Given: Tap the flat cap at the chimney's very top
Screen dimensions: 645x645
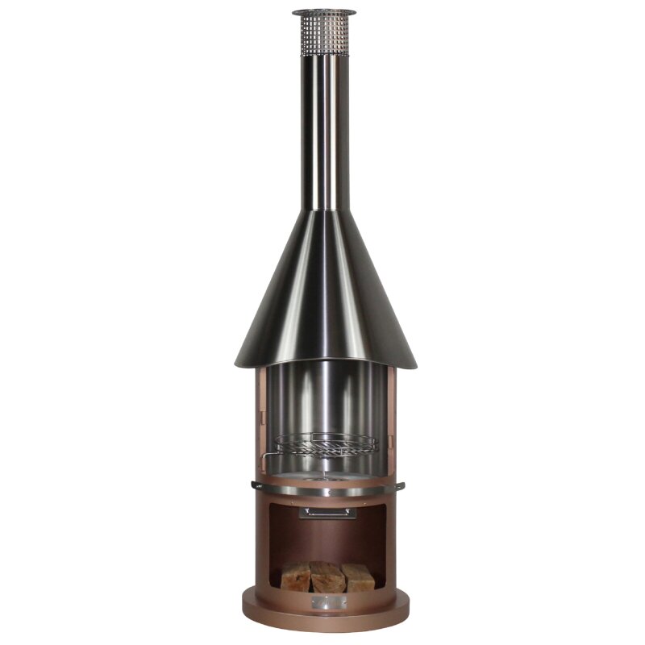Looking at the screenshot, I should [324, 13].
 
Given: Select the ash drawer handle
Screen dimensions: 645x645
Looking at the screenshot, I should [326, 512].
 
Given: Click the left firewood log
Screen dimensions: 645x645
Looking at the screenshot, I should [295, 576].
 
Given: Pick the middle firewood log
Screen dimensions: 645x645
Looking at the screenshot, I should [328, 577].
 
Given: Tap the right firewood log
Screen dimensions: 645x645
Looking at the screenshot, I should [357, 577].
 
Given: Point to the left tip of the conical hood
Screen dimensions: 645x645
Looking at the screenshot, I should [237, 362].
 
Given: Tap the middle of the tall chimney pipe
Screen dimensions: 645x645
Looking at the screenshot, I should [326, 129].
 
